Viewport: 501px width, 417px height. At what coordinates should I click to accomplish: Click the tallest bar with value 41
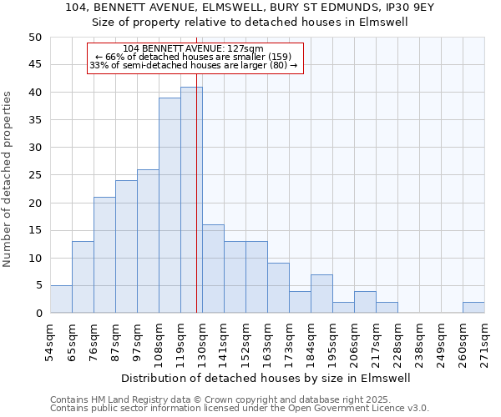point(191,200)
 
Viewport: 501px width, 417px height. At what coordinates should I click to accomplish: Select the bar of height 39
point(170,205)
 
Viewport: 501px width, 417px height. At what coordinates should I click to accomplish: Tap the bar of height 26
point(148,241)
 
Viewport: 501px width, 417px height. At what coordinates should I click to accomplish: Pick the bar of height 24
point(126,247)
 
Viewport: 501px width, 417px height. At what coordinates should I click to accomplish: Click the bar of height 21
point(104,255)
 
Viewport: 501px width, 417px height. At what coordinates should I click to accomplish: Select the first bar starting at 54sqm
point(61,299)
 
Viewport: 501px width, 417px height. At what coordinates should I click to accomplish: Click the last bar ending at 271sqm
point(473,307)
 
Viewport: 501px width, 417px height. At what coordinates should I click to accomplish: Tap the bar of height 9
point(278,288)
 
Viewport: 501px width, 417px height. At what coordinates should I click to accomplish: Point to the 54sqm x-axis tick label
point(50,341)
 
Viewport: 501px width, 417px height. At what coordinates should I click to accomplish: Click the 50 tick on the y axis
point(34,38)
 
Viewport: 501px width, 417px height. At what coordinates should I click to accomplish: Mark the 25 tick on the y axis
point(34,175)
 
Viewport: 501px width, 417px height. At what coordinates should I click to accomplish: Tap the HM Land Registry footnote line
point(239,399)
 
